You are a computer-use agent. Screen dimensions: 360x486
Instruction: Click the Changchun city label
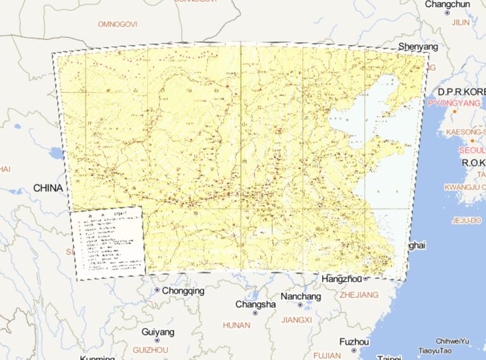pyautogui.click(x=447, y=4)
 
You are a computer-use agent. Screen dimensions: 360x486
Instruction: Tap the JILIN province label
pyautogui.click(x=461, y=22)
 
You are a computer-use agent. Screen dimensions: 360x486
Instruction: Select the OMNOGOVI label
pyautogui.click(x=117, y=24)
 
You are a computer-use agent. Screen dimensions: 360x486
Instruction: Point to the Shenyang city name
pyautogui.click(x=418, y=47)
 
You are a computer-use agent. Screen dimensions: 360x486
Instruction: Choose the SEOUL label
pyautogui.click(x=472, y=151)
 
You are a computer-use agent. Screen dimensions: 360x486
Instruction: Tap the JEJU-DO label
pyautogui.click(x=467, y=221)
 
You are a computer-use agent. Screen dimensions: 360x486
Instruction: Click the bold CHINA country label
pyautogui.click(x=48, y=188)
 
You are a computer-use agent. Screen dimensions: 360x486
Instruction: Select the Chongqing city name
pyautogui.click(x=184, y=291)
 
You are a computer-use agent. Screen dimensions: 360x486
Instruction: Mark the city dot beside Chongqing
pyautogui.click(x=157, y=290)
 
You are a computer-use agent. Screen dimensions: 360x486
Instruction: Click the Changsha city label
pyautogui.click(x=256, y=304)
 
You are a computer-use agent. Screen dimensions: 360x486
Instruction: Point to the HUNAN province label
pyautogui.click(x=237, y=325)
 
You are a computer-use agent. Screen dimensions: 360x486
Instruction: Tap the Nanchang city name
pyautogui.click(x=301, y=296)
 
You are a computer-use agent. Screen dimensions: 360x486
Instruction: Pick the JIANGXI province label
pyautogui.click(x=296, y=320)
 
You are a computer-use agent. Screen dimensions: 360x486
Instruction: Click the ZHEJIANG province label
pyautogui.click(x=359, y=295)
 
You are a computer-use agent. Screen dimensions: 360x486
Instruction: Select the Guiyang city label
pyautogui.click(x=158, y=332)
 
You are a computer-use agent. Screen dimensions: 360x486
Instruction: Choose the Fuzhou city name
pyautogui.click(x=353, y=342)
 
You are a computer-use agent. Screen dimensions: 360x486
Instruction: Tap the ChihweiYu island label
pyautogui.click(x=452, y=342)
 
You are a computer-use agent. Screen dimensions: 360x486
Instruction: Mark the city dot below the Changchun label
pyautogui.click(x=447, y=13)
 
